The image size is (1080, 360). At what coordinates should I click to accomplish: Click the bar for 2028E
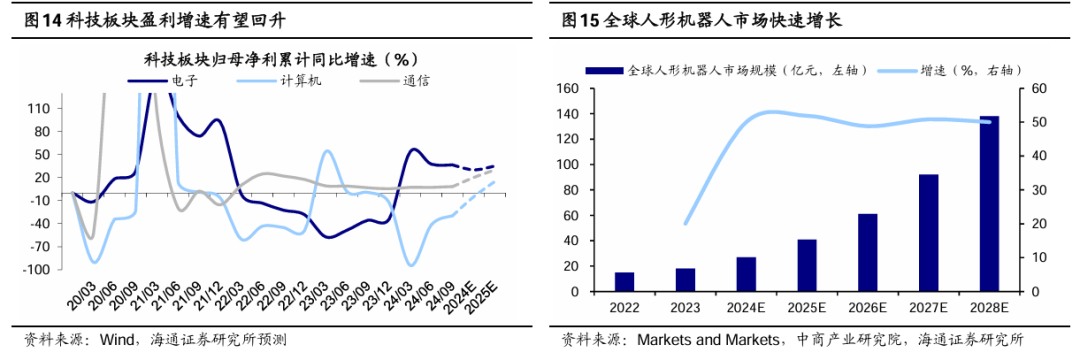tap(989, 204)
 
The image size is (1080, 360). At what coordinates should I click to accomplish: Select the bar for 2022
tap(624, 281)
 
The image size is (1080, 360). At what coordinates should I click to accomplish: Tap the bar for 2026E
tap(868, 252)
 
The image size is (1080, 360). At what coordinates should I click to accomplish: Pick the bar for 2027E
tap(928, 233)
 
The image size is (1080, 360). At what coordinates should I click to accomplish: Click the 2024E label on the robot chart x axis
tap(746, 306)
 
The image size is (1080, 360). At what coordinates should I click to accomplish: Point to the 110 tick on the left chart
tap(41, 107)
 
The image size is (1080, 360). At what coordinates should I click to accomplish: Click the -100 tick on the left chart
tap(38, 269)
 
